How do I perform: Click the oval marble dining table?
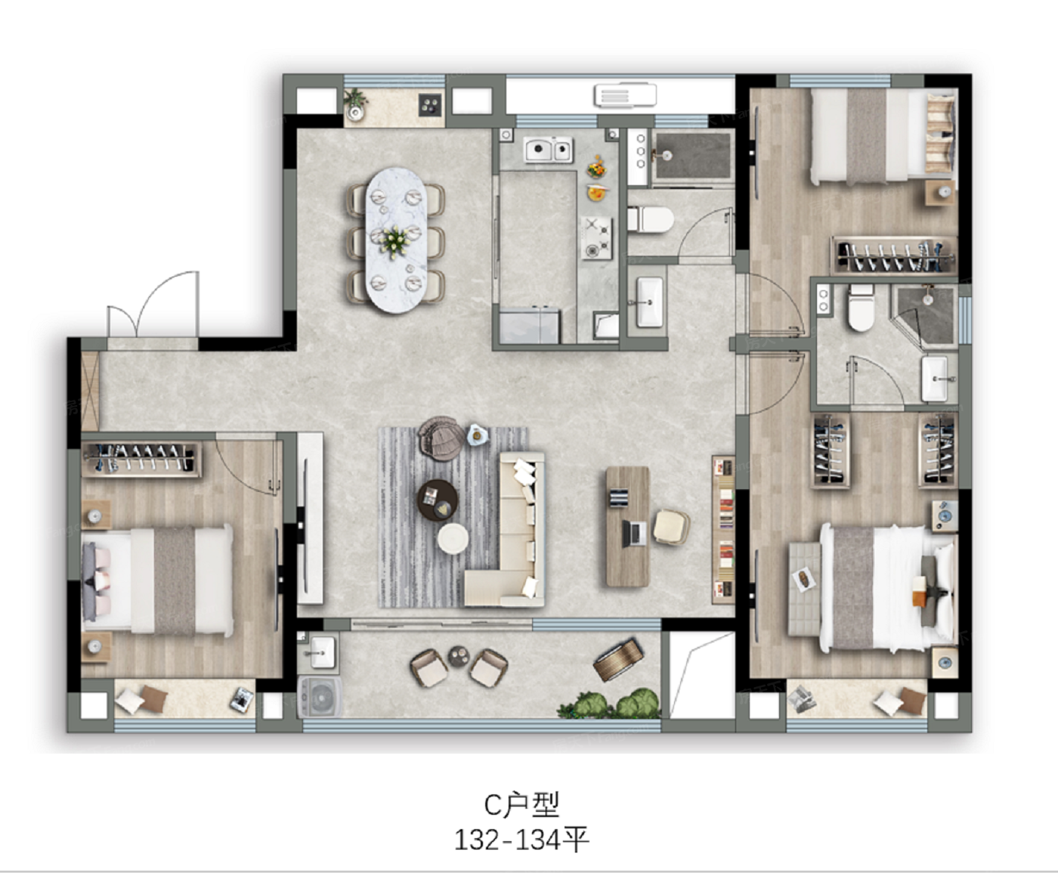pyautogui.click(x=396, y=240)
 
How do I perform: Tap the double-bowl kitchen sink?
pyautogui.click(x=549, y=150)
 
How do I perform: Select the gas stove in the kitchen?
pyautogui.click(x=596, y=238)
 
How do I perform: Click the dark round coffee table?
pyautogui.click(x=438, y=500)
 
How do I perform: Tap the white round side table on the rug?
pyautogui.click(x=453, y=538)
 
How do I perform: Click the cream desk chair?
pyautogui.click(x=671, y=528)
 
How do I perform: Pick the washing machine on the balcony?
pyautogui.click(x=320, y=697)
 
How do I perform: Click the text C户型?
pyautogui.click(x=522, y=804)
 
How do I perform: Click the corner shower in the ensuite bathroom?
pyautogui.click(x=923, y=314)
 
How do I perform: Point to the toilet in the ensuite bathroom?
pyautogui.click(x=861, y=307)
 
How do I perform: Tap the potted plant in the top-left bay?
pyautogui.click(x=356, y=104)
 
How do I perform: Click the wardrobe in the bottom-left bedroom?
pyautogui.click(x=141, y=459)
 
